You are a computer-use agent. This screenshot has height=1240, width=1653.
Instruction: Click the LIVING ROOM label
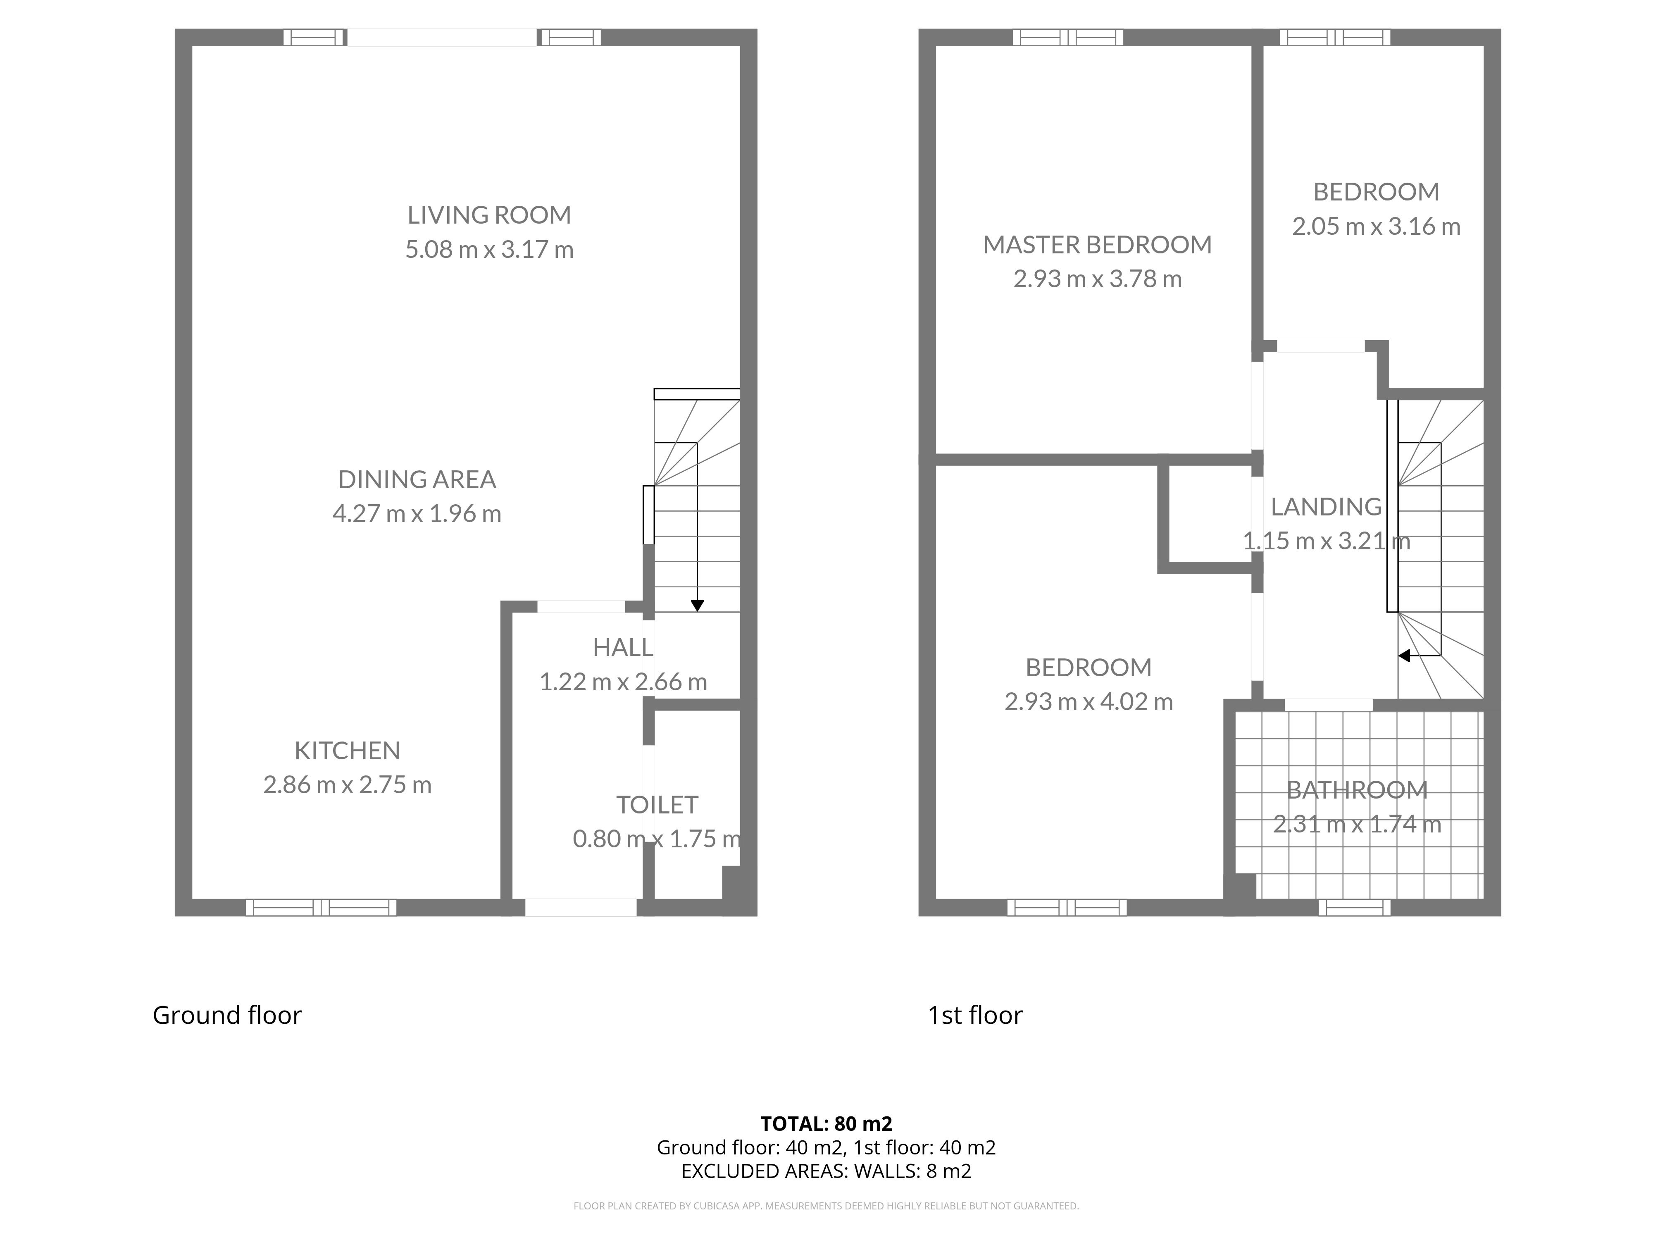point(489,215)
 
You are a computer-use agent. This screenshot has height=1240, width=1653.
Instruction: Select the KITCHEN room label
point(348,751)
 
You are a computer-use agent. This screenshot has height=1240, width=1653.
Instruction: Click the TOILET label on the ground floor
point(657,805)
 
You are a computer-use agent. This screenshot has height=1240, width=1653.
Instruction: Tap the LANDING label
point(1327,507)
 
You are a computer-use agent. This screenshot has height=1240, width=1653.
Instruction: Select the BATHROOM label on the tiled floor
point(1357,790)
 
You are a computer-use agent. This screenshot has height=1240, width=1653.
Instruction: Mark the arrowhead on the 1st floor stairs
point(1404,656)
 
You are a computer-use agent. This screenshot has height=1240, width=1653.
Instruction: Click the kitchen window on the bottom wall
point(322,907)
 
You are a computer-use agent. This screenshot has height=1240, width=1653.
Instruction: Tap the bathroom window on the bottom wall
point(1354,907)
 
